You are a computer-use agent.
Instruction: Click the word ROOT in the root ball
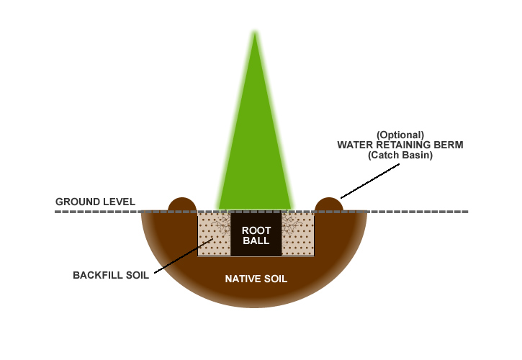point(256,230)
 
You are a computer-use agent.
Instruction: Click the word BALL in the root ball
point(256,241)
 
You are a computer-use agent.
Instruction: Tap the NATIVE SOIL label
point(256,279)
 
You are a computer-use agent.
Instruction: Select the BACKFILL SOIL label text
point(111,275)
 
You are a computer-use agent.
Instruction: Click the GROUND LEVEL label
point(95,202)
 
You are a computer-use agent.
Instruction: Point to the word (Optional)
point(400,135)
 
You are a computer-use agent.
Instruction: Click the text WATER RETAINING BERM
point(400,145)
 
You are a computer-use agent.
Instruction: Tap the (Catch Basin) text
point(400,155)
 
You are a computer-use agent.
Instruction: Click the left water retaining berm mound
point(183,204)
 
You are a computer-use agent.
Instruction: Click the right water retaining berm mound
point(329,204)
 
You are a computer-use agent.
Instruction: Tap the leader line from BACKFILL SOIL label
point(180,253)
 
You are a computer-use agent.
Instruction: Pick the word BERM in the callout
point(449,145)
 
